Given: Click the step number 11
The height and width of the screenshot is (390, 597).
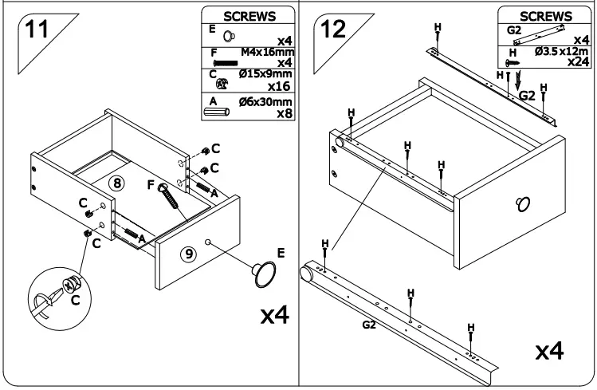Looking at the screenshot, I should [x=36, y=30].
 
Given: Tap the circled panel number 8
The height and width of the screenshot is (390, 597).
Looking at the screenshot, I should [x=117, y=183].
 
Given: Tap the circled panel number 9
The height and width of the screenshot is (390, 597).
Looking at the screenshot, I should [x=188, y=254].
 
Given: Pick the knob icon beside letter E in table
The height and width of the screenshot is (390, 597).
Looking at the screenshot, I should [x=230, y=36].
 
